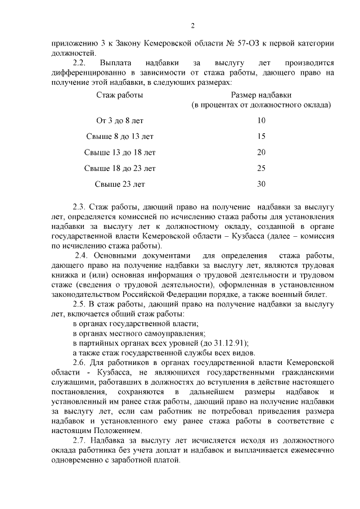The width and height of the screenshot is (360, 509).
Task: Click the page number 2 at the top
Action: point(192,26)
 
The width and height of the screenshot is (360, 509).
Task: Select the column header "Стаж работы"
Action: point(120,95)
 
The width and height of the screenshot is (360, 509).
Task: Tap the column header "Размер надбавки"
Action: point(261,95)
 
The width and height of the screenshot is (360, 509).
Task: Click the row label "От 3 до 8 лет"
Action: point(120,120)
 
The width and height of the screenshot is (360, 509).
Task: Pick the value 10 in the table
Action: point(261,120)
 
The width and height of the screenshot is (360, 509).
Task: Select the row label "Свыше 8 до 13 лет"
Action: point(120,136)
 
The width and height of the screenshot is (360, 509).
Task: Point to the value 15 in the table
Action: point(261,136)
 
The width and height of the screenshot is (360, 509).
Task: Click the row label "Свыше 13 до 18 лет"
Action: point(120,152)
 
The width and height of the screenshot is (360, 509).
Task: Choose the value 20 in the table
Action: point(261,152)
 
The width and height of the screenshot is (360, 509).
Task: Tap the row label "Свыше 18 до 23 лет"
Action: point(120,168)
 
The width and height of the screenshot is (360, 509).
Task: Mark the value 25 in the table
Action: point(261,168)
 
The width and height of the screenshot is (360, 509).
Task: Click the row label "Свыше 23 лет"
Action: point(120,183)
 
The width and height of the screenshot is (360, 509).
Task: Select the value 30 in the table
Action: point(261,183)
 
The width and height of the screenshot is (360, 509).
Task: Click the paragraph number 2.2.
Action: point(81,64)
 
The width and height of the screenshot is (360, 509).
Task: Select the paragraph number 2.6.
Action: point(81,364)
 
